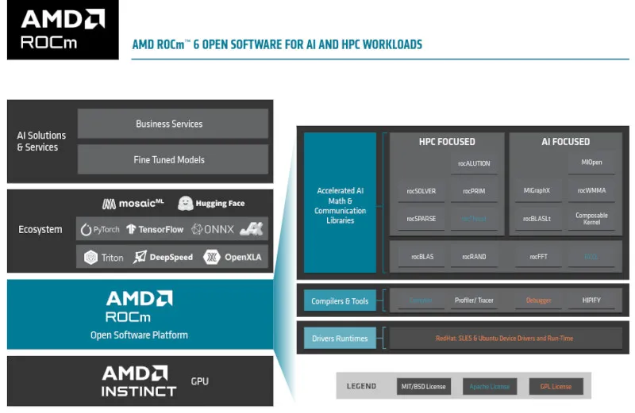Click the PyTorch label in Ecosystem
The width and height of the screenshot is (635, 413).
100,230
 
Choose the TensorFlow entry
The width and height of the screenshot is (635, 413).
155,230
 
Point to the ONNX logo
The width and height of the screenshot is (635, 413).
212,230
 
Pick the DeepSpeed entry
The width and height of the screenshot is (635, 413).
164,257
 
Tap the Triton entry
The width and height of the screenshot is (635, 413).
104,257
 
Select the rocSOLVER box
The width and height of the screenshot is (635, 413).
421,191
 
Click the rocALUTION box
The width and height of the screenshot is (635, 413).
474,163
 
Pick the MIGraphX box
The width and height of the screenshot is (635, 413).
537,191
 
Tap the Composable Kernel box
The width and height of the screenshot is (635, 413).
591,219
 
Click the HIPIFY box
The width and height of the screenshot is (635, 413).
591,300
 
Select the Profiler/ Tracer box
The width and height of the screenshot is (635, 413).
474,300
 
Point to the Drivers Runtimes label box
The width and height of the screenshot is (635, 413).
340,338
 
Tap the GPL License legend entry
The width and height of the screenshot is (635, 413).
556,387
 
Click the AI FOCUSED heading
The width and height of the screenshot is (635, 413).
565,142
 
